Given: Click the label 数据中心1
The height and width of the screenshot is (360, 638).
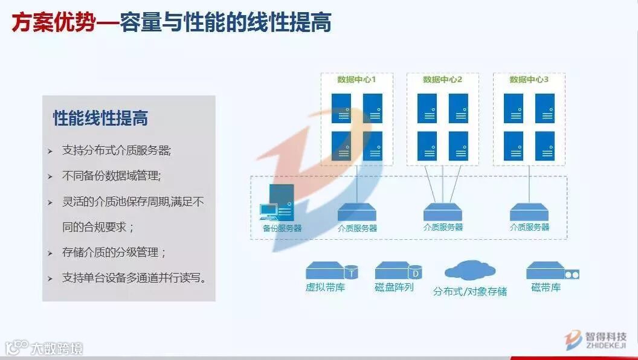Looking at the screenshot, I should [x=356, y=80].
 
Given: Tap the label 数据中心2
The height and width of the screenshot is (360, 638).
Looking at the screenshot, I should [x=442, y=80].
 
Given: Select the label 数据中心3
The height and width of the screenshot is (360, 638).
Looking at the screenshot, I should [x=529, y=80].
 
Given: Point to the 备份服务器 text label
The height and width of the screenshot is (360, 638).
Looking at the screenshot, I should [x=282, y=228].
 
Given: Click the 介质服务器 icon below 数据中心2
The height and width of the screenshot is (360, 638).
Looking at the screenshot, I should [x=443, y=212].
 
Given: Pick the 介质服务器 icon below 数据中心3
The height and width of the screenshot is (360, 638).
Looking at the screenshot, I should [x=529, y=212].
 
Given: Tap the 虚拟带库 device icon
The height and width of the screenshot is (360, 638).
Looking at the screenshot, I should [x=332, y=271].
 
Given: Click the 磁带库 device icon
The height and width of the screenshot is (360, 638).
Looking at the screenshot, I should [x=552, y=271].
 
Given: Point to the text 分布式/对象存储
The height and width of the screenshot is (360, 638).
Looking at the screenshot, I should [x=470, y=291].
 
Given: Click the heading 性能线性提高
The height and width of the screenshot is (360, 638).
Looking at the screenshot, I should [x=100, y=118].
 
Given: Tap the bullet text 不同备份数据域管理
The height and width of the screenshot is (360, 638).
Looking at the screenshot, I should [x=111, y=176].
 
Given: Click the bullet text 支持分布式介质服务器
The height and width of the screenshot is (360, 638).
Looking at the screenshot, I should [x=116, y=150].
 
